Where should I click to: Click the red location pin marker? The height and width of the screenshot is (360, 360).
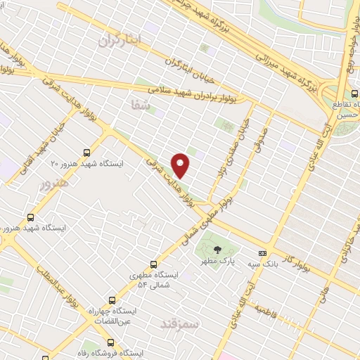point(181,166)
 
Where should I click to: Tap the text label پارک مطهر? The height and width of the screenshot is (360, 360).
point(217,262)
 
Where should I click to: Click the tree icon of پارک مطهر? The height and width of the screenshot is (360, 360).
point(217,249)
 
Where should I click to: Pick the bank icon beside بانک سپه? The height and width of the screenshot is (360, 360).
point(262,253)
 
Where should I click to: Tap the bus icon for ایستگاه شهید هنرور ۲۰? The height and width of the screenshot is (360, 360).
point(86,152)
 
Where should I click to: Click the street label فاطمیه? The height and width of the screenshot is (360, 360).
point(267,309)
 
